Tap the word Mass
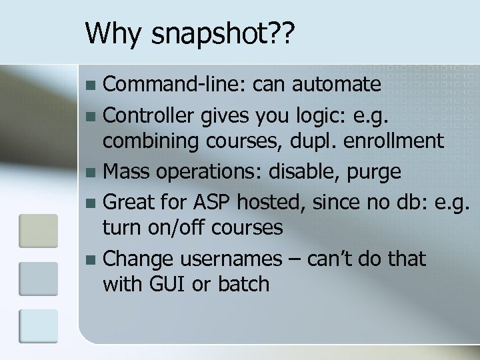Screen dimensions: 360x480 pos(127,171)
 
